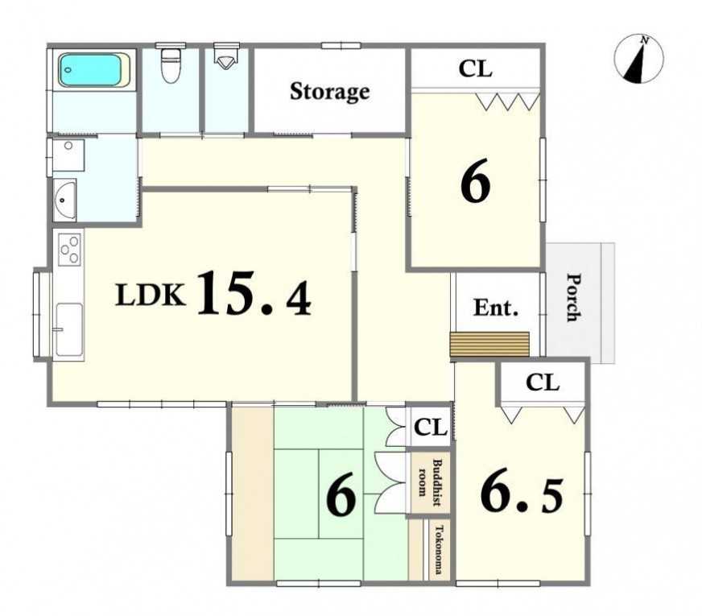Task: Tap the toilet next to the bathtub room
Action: (x=170, y=66)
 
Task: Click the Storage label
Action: (x=330, y=91)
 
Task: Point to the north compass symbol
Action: (x=639, y=59)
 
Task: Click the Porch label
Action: (x=573, y=297)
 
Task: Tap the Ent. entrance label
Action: (x=496, y=308)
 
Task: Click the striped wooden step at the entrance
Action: (x=489, y=345)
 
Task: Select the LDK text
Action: (x=151, y=295)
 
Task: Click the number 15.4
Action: (x=254, y=294)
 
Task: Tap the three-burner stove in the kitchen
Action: (x=69, y=250)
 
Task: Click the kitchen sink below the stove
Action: (x=69, y=329)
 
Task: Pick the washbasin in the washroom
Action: (x=65, y=200)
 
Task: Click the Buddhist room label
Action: (x=428, y=483)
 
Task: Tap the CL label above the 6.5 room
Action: (x=543, y=382)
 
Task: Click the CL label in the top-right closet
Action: (x=476, y=68)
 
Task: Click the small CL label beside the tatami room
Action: (x=431, y=427)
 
